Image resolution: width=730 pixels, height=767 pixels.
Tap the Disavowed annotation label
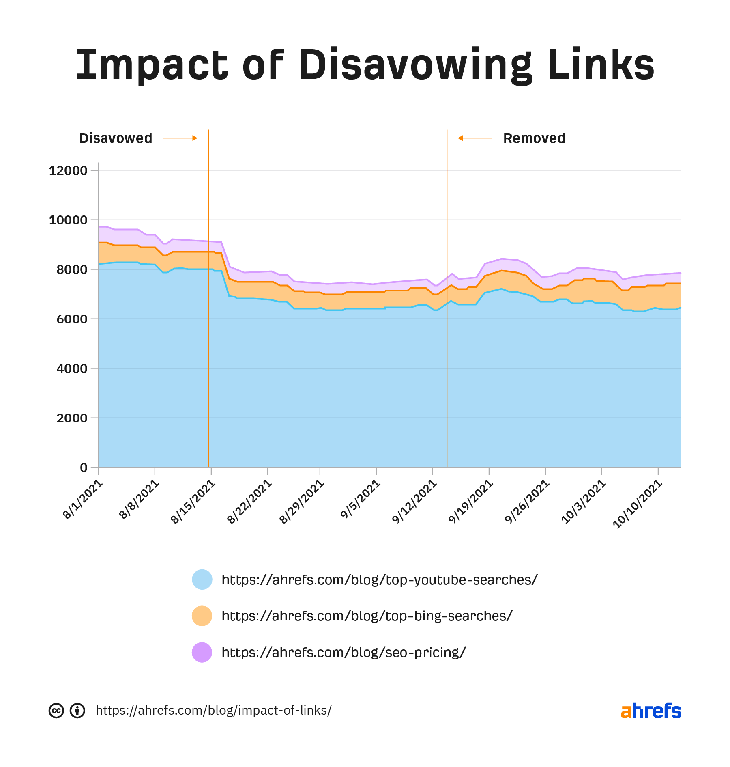click(x=116, y=138)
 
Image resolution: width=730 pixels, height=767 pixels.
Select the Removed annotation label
click(x=534, y=138)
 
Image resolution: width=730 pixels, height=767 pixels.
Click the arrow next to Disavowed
click(x=180, y=138)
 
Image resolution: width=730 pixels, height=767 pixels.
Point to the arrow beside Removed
click(x=475, y=138)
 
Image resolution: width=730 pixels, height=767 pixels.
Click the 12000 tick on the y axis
click(x=68, y=170)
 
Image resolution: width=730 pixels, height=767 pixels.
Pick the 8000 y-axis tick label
click(x=72, y=269)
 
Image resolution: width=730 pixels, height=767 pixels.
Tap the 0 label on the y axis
click(x=84, y=468)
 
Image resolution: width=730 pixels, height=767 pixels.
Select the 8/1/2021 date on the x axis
click(x=83, y=500)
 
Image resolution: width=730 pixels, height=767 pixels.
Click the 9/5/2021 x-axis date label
click(x=360, y=500)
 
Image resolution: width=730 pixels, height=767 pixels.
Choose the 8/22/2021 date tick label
click(x=249, y=502)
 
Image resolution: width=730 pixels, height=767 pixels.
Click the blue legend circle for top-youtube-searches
click(x=202, y=580)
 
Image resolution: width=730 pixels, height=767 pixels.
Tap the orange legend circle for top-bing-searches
click(x=202, y=616)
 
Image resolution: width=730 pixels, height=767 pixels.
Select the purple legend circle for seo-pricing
click(x=202, y=652)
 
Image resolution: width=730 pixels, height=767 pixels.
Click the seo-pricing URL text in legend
click(x=344, y=652)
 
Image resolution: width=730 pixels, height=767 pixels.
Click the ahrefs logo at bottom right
click(x=651, y=711)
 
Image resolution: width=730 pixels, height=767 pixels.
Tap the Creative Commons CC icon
click(x=56, y=711)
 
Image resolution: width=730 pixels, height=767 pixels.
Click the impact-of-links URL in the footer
click(x=214, y=711)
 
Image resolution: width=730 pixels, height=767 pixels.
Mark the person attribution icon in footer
click(x=77, y=711)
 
